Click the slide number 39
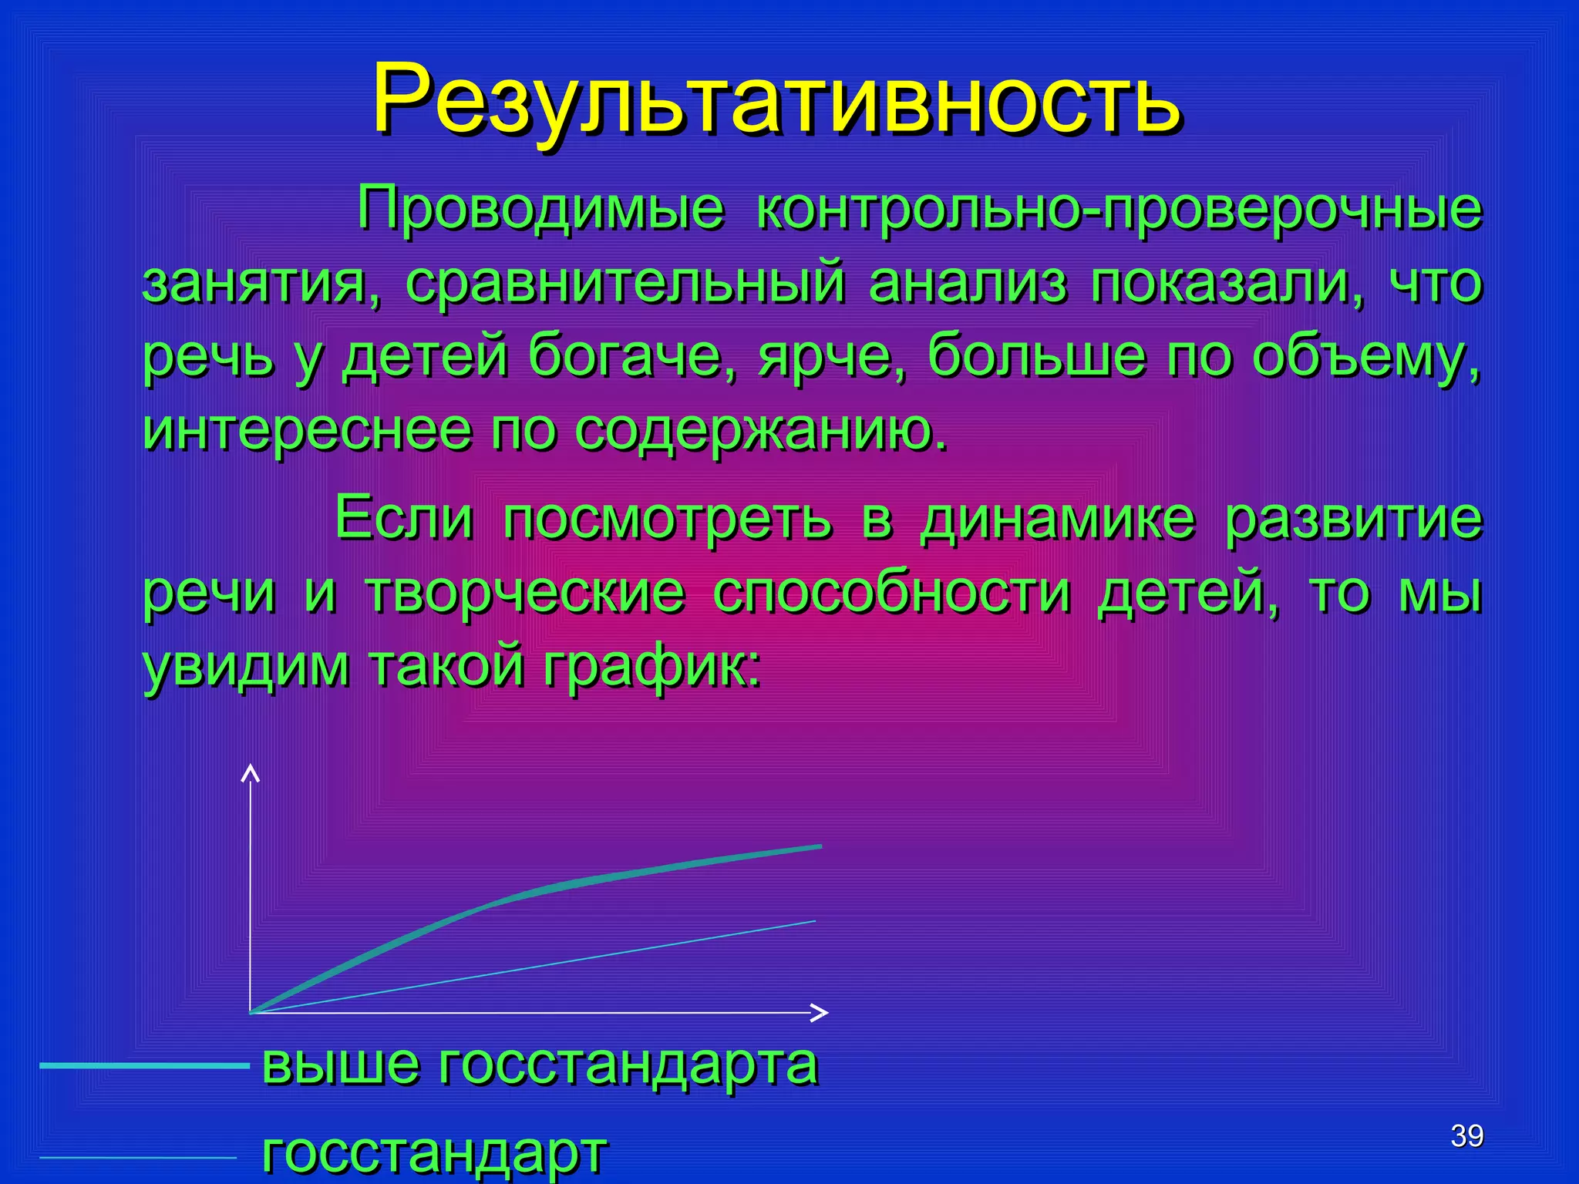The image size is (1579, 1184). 1466,1135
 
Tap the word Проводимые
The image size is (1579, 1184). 540,210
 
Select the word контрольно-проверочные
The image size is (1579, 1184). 1119,210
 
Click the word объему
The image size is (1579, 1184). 1365,356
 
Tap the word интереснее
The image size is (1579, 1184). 307,429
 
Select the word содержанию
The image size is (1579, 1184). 761,429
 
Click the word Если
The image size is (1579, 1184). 403,517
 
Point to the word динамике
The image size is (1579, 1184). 1057,519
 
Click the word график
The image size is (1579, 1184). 651,666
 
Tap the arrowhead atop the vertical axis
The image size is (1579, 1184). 250,772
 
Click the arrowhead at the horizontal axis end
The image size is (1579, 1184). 820,1012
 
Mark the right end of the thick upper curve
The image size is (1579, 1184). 820,846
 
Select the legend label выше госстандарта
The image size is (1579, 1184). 540,1065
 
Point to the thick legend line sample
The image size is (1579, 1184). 144,1066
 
